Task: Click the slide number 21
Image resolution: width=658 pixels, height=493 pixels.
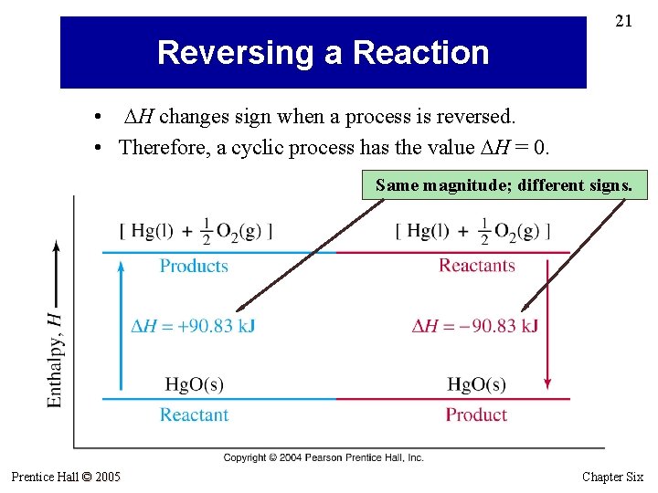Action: click(623, 20)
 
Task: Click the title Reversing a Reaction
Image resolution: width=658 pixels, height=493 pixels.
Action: click(323, 53)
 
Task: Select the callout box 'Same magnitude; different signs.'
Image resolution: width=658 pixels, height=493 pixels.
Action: click(504, 185)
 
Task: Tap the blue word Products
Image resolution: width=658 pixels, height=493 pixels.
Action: click(194, 266)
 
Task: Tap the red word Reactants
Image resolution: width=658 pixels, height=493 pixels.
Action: click(476, 266)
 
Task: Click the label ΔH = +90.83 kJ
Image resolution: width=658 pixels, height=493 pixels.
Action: click(193, 326)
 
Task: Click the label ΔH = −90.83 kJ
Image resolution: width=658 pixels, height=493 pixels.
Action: click(474, 326)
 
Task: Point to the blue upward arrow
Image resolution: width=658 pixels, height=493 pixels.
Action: click(121, 324)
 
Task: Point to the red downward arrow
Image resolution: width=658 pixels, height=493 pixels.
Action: click(548, 324)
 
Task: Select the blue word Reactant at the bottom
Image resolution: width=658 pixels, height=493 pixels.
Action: click(194, 414)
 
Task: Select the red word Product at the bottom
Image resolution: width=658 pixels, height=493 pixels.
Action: click(475, 414)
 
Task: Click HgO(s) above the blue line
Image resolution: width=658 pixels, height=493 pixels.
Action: click(194, 384)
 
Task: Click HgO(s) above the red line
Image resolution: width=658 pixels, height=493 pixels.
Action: click(476, 384)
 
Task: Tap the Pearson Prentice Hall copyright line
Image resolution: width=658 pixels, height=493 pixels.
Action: click(324, 457)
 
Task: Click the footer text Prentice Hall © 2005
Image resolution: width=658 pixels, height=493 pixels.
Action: click(66, 477)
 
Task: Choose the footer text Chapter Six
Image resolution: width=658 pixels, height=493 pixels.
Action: click(612, 477)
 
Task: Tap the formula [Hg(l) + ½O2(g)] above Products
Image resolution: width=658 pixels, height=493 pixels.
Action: click(196, 231)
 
